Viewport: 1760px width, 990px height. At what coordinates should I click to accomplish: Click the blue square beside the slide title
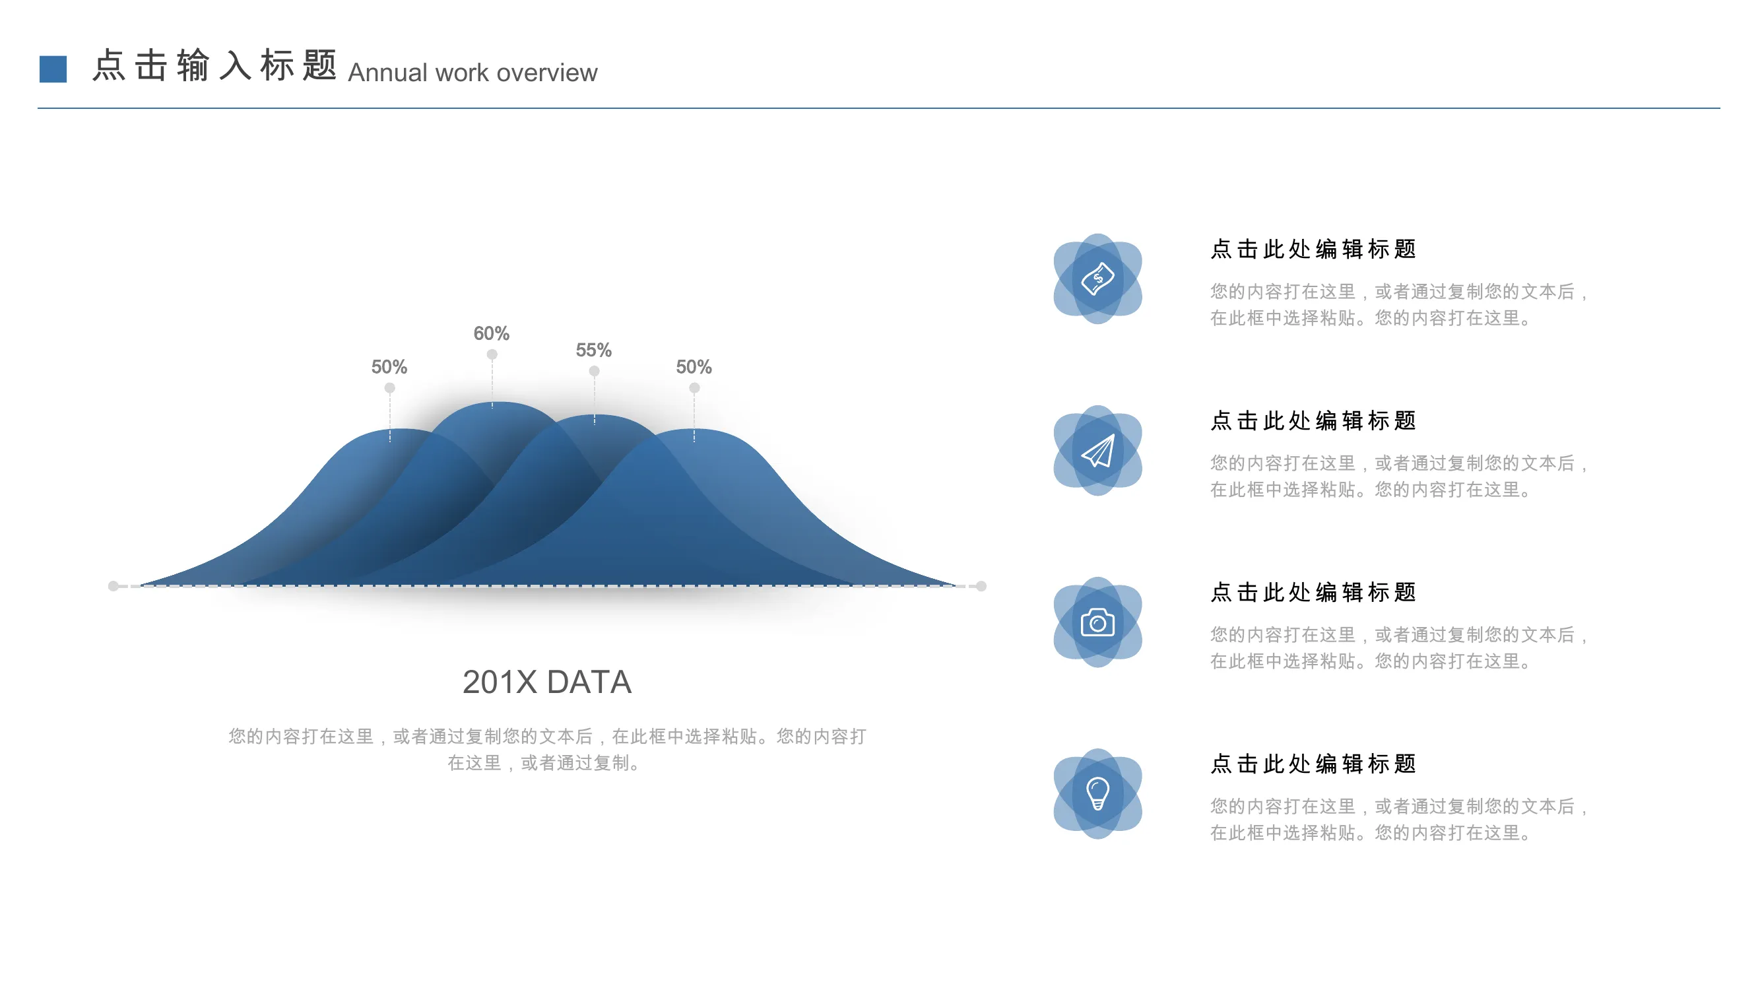tap(53, 69)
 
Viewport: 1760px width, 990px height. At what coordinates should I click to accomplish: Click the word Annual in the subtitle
tap(388, 73)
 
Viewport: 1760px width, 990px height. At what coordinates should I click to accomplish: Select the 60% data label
tap(491, 333)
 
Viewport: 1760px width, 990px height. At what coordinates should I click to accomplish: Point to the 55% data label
tap(593, 350)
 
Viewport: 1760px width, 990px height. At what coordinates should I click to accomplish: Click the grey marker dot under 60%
tap(492, 354)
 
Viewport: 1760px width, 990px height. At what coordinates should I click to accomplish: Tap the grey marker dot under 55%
tap(595, 371)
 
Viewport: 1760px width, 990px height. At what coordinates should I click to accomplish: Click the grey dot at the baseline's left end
tap(114, 586)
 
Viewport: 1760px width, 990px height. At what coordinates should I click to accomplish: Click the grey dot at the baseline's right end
tap(981, 586)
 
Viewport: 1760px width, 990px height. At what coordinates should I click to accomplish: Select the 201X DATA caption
tap(546, 682)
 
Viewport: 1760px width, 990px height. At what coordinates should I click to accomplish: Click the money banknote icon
tap(1098, 279)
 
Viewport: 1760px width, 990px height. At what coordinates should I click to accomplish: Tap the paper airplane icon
tap(1098, 451)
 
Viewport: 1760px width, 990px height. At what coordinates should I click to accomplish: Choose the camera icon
tap(1098, 622)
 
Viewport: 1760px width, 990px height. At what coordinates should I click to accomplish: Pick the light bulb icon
tap(1098, 794)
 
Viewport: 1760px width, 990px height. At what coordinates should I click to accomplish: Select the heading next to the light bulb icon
tap(1313, 764)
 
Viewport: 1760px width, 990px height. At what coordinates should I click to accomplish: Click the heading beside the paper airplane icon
tap(1313, 421)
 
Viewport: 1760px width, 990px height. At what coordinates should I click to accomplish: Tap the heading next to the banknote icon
tap(1313, 249)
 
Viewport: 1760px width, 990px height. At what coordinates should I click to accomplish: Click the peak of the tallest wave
tap(497, 403)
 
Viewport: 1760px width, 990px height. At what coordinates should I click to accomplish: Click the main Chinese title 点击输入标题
tap(214, 65)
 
